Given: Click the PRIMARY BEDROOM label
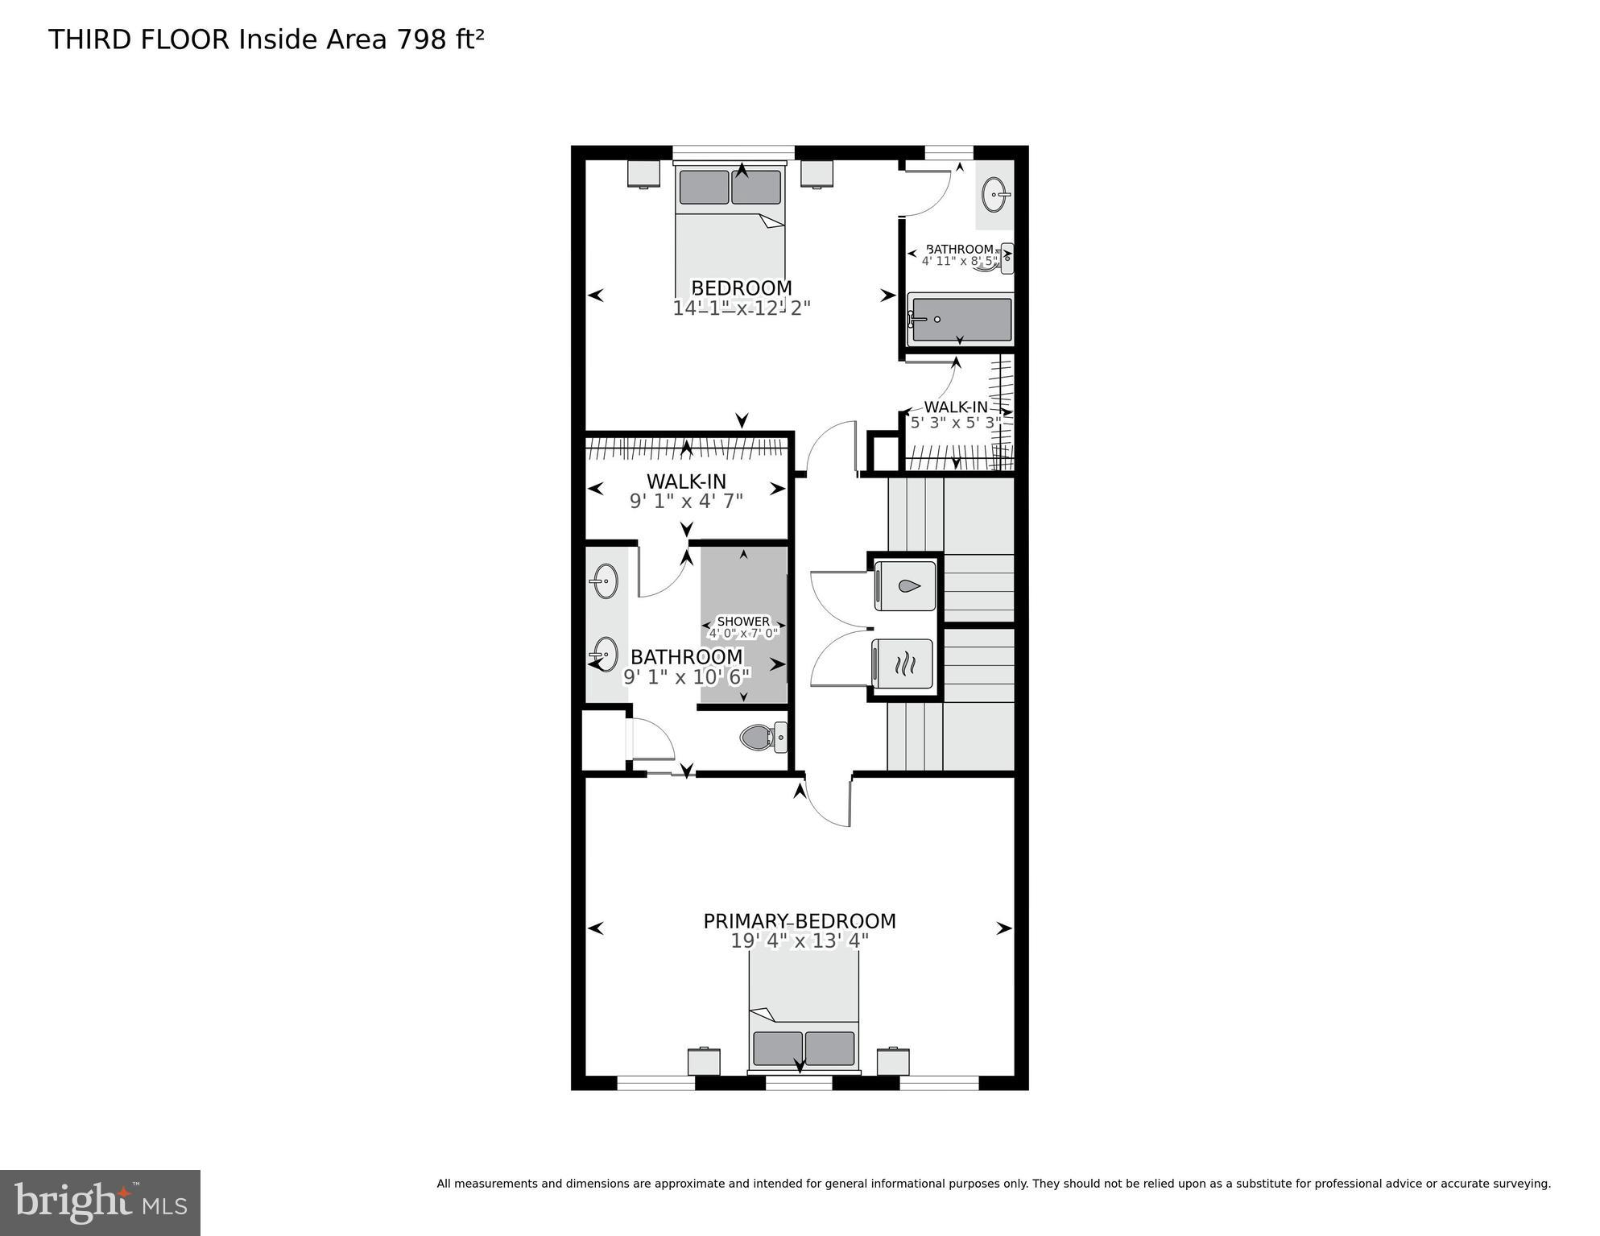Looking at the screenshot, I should click(x=799, y=921).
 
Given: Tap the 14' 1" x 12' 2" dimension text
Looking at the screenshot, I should click(x=741, y=308).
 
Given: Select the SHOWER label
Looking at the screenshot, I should click(x=743, y=622).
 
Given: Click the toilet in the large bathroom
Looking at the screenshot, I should click(x=762, y=737).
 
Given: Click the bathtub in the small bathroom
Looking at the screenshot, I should click(x=960, y=320).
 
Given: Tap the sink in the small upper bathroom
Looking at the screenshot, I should click(x=995, y=194).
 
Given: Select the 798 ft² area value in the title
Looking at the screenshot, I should click(x=439, y=39).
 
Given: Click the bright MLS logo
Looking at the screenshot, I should click(x=100, y=1202).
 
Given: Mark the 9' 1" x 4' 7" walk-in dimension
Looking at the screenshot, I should click(x=685, y=501).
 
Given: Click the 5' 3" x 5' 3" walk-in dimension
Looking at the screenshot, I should click(x=955, y=422).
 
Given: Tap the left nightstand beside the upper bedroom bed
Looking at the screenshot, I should click(x=643, y=173).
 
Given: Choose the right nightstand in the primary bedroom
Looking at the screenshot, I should click(x=892, y=1061).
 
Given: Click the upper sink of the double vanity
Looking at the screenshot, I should click(x=605, y=580).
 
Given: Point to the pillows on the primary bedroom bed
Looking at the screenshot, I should click(x=804, y=1048).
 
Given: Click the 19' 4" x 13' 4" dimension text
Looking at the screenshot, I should click(x=799, y=941).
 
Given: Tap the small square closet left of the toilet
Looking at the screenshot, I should click(x=603, y=739).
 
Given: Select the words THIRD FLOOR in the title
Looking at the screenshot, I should click(x=139, y=39).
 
